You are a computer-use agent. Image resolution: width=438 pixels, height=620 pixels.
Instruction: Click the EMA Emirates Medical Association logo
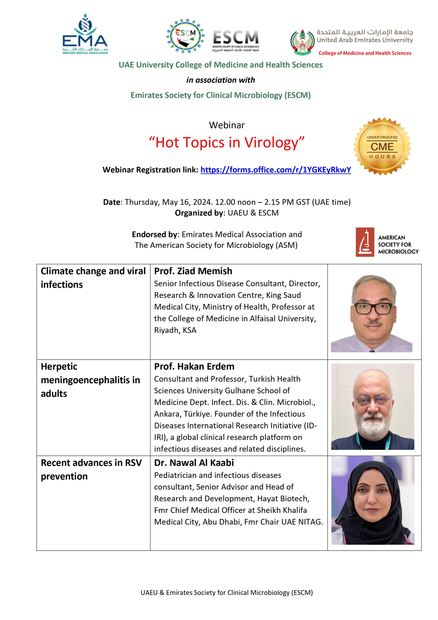(85, 34)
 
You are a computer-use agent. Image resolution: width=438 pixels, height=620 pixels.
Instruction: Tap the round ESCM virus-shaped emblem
(185, 37)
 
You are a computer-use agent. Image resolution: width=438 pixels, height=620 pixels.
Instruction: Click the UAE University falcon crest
(302, 42)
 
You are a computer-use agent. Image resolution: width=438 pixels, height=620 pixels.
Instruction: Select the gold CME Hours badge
(382, 147)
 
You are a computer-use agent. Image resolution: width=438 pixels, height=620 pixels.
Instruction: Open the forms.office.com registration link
(276, 170)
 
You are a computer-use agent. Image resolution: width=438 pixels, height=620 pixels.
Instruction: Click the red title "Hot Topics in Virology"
(227, 142)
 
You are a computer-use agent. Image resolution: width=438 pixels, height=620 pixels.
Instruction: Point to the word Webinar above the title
(227, 125)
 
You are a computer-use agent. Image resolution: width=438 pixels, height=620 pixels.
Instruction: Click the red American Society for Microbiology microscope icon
(365, 242)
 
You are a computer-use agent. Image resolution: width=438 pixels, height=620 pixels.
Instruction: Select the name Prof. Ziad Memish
(193, 271)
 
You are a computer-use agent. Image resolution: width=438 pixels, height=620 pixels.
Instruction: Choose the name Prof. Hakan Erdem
(194, 366)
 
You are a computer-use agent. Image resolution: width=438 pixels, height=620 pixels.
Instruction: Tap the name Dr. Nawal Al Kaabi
(194, 463)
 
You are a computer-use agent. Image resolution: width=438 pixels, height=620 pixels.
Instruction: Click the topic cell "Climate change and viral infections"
(93, 278)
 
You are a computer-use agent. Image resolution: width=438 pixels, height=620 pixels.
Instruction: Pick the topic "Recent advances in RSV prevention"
(91, 469)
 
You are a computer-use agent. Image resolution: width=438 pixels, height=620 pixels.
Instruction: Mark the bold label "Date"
(112, 202)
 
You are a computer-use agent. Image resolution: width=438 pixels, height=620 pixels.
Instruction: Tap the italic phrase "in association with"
(220, 80)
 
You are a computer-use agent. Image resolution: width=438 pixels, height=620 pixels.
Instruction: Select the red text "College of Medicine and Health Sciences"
(365, 53)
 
